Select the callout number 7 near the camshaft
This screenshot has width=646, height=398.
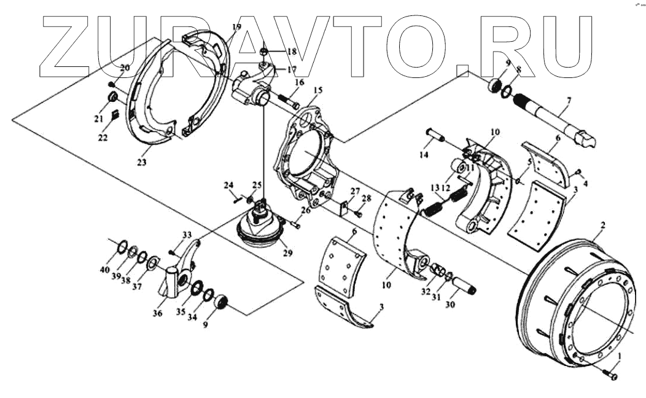coord(569,100)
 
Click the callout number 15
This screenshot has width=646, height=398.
coord(316,90)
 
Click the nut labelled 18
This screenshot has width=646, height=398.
coord(263,53)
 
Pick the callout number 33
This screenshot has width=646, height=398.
coord(187,234)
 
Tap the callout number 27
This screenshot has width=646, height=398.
coord(355,191)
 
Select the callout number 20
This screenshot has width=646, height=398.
coord(125,68)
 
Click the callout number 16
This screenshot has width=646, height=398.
coord(299,82)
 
